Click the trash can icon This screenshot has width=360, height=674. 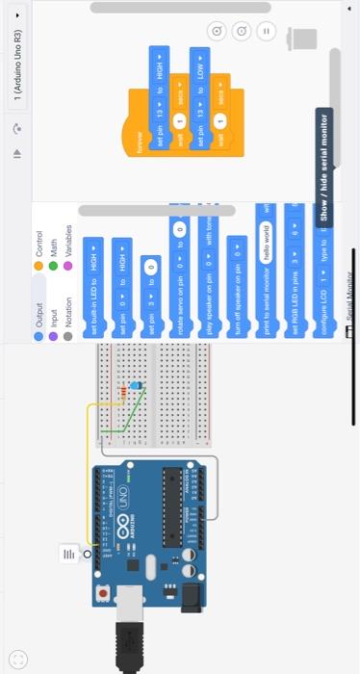pos(305,39)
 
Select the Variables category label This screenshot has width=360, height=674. pos(68,239)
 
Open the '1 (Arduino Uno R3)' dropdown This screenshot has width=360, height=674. pos(16,58)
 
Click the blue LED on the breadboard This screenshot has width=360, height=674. pos(136,385)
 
